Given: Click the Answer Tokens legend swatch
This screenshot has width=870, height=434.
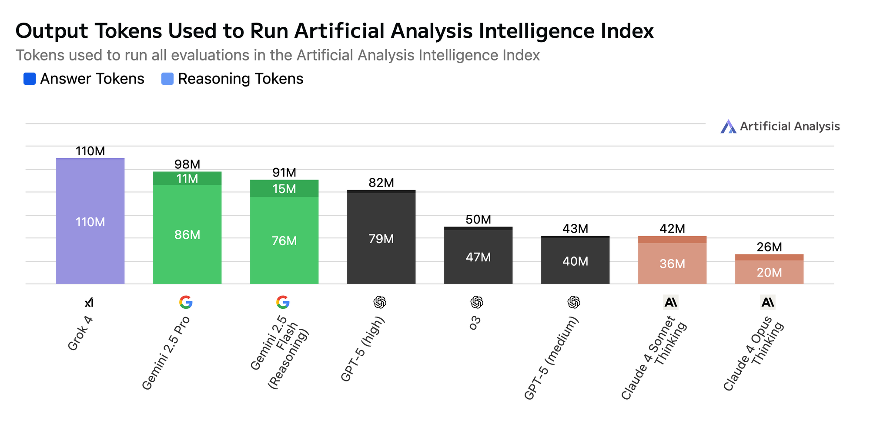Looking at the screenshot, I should coord(30,79).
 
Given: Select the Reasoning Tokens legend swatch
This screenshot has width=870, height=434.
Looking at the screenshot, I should coord(167,79).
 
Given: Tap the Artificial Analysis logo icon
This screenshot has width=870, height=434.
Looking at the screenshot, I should coord(728,127).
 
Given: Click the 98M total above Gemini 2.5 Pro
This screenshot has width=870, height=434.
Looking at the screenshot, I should coord(187,164).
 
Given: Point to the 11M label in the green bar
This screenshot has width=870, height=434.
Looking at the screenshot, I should coord(187,179).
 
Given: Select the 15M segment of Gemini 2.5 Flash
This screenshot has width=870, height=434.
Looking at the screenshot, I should coord(284,189).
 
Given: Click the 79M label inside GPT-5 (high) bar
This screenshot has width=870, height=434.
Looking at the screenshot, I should coord(381,239).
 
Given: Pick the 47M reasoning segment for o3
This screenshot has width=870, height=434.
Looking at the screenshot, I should coord(478,257).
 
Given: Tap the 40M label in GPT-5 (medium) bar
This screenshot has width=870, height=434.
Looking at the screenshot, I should coord(575,261).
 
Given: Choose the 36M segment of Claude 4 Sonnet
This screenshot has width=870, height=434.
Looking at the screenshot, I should coord(672,264).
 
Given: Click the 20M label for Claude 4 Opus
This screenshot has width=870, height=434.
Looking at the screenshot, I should coord(769,273).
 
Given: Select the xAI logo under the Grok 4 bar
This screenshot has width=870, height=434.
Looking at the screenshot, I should coord(89,302).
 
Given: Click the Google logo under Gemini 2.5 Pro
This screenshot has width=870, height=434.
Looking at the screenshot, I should coord(186,302).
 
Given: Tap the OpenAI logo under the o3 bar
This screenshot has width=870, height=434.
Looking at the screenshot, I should coord(477,302).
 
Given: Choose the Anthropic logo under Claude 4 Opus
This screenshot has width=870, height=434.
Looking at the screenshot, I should coord(768,302).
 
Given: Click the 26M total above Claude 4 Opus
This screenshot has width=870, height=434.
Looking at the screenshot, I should coord(769,247).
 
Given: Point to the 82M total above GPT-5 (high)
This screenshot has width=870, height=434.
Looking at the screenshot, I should coord(381,183).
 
